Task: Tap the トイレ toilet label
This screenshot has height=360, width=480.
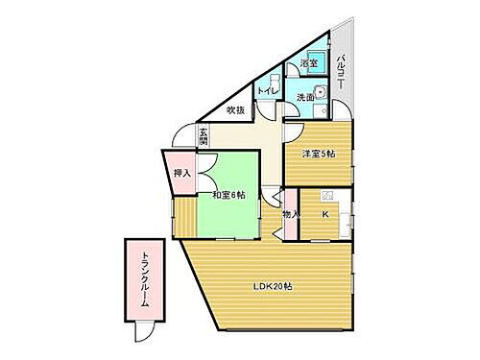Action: pyautogui.click(x=267, y=91)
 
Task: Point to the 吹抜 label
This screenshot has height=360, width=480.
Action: pyautogui.click(x=235, y=110)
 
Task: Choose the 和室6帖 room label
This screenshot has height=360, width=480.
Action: pyautogui.click(x=228, y=195)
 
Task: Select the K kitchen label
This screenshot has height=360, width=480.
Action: pyautogui.click(x=324, y=214)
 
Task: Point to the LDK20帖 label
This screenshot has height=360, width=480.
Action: pyautogui.click(x=273, y=285)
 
